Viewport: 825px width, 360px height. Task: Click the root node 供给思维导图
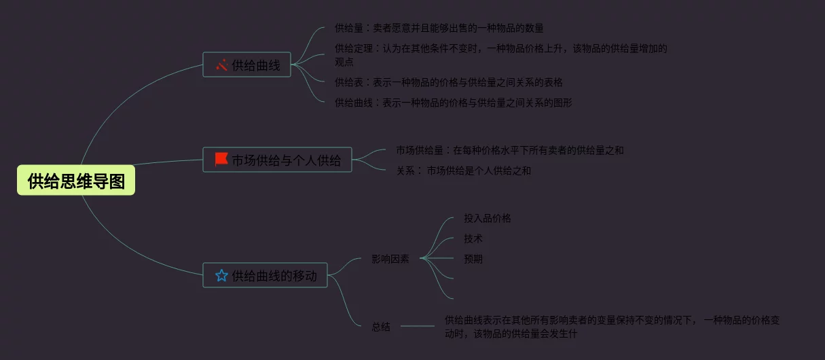[76, 181]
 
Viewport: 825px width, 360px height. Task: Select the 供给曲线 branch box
[246, 65]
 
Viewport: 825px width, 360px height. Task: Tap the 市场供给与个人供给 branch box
[277, 160]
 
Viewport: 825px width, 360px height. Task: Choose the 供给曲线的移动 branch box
[265, 275]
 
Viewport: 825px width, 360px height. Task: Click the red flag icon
[221, 160]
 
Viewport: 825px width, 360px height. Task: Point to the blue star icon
[221, 275]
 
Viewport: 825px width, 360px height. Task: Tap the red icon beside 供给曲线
[221, 65]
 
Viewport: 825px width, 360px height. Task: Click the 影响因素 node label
[390, 259]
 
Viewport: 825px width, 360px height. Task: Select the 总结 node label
[381, 327]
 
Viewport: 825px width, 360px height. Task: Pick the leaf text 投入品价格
[488, 218]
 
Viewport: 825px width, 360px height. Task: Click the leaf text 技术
[473, 238]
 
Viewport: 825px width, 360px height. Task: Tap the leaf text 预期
[473, 259]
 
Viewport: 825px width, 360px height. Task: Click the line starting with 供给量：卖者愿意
[439, 29]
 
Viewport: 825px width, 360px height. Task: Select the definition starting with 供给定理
[501, 54]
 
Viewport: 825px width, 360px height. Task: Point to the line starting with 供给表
[448, 82]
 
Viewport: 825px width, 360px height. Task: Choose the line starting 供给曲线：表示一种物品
[453, 103]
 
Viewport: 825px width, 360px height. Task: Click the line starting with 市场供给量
[509, 150]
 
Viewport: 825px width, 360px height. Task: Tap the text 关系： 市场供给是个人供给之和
[464, 170]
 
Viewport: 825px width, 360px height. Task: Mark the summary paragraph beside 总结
[611, 326]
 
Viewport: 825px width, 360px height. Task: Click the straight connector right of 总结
[418, 327]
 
